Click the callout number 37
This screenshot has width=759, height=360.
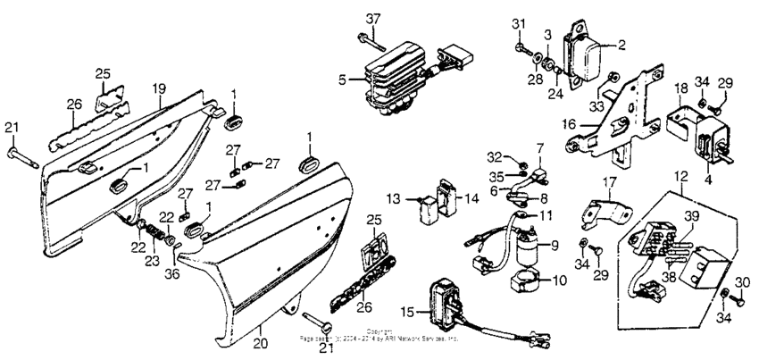(x=373, y=18)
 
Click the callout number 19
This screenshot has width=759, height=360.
(x=159, y=88)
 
